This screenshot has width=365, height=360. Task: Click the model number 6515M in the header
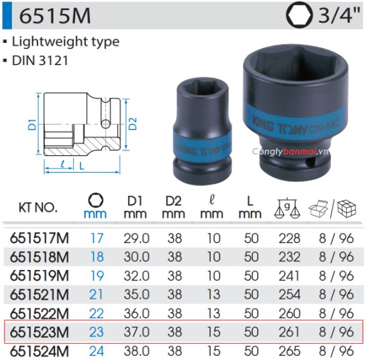pyautogui.click(x=50, y=15)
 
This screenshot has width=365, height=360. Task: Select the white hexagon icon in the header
pyautogui.click(x=298, y=15)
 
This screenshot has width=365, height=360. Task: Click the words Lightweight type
pyautogui.click(x=66, y=41)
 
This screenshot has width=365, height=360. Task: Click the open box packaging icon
pyautogui.click(x=318, y=208)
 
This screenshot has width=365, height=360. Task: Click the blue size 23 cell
pyautogui.click(x=97, y=332)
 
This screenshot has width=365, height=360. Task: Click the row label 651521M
pyautogui.click(x=40, y=294)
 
